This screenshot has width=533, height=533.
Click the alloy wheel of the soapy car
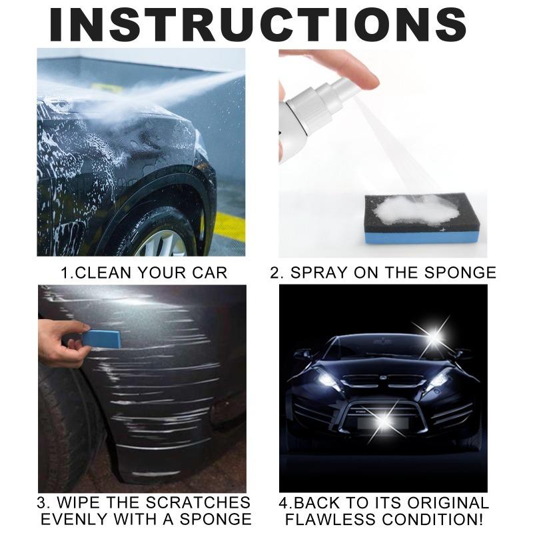pyautogui.click(x=163, y=240)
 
